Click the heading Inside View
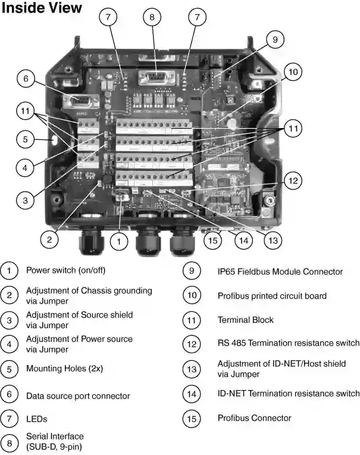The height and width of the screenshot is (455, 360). click(x=42, y=8)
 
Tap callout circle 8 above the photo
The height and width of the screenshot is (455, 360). click(x=152, y=17)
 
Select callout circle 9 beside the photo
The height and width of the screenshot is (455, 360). click(x=275, y=40)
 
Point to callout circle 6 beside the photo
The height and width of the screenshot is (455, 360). click(x=26, y=78)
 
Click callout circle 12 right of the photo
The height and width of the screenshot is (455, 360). click(x=292, y=180)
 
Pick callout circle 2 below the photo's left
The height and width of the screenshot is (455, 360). click(x=50, y=239)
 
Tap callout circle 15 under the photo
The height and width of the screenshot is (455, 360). click(x=212, y=240)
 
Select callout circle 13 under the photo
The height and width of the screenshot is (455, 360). click(x=273, y=240)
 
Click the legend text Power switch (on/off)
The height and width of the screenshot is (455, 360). click(x=65, y=270)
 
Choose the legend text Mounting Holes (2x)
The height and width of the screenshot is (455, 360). click(x=64, y=369)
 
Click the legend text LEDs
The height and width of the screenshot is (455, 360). click(x=37, y=419)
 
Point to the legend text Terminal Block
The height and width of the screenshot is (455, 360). click(x=245, y=320)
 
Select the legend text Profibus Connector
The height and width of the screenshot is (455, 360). click(x=254, y=418)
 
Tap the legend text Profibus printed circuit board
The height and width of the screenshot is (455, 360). click(x=271, y=295)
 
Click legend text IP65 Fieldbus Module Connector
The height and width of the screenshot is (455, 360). click(x=280, y=272)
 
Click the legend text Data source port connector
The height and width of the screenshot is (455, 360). click(x=78, y=395)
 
